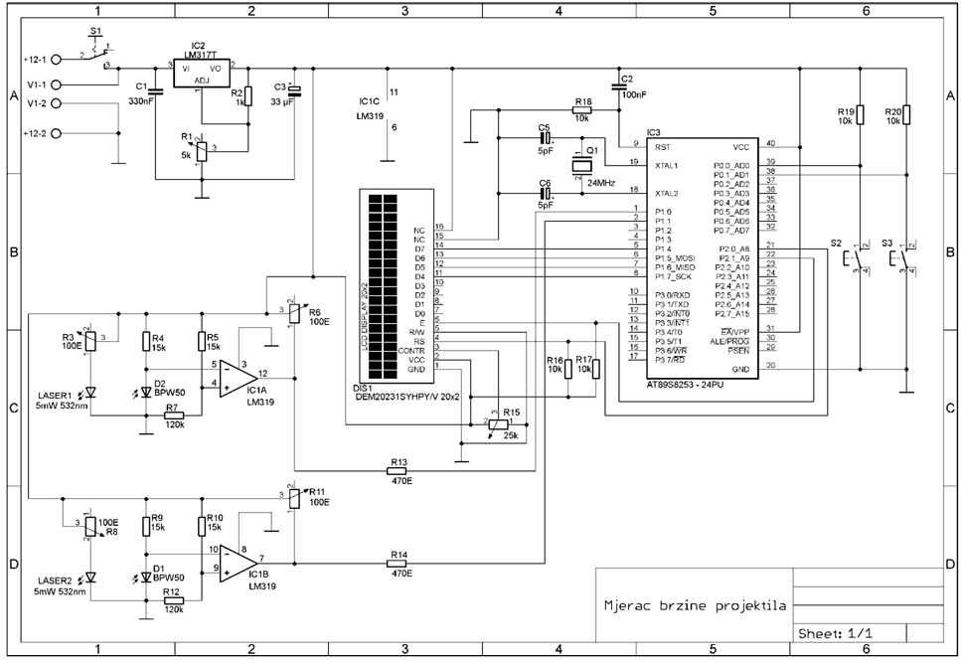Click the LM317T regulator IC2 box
202,74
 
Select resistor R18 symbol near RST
581,112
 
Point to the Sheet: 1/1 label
838,633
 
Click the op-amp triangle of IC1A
235,374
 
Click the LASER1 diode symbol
90,393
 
